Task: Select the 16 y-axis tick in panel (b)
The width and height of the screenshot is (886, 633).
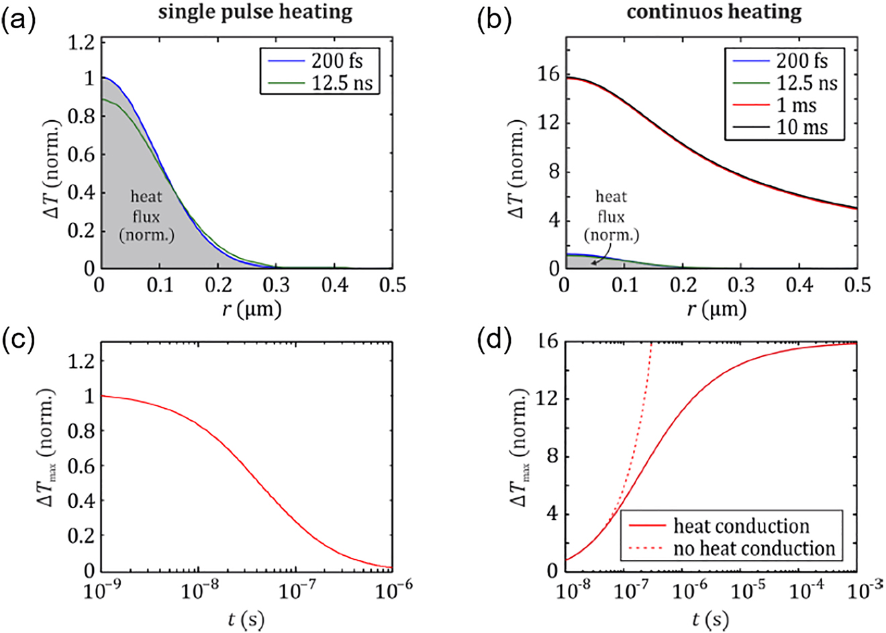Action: coord(550,75)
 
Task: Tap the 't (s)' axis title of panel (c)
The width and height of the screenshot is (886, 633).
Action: coord(246,619)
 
